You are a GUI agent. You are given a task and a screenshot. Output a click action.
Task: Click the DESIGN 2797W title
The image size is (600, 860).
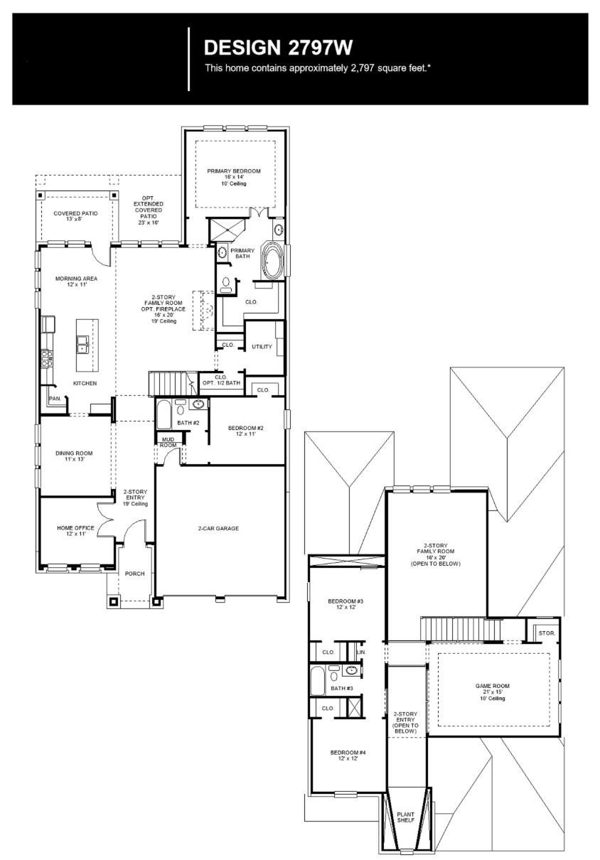pos(278,48)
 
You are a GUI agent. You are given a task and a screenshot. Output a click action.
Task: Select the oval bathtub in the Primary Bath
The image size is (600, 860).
pos(272,260)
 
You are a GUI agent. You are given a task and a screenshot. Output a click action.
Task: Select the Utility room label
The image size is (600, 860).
pos(262,347)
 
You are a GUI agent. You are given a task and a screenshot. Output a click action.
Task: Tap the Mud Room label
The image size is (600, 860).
pos(168,442)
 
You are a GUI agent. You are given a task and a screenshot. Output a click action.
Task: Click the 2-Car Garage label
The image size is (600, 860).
pos(218,528)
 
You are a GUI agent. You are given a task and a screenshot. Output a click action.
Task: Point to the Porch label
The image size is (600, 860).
pos(135,574)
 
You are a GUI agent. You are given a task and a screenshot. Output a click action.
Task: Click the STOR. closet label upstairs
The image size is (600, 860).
pos(546,632)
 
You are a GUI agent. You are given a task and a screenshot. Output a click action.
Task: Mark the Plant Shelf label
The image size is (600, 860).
pos(405,817)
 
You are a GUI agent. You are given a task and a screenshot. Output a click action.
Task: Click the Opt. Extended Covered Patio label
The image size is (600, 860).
pos(148,210)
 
